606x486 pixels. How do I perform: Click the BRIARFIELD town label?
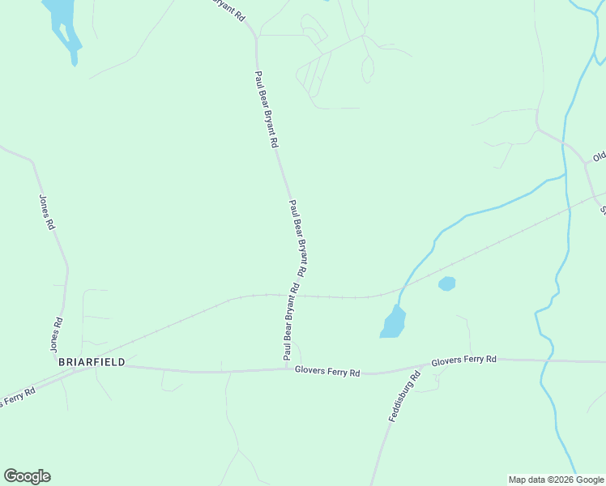(92, 362)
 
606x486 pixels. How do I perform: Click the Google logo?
(27, 476)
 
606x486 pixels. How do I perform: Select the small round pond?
(446, 283)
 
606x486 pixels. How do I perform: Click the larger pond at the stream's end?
(393, 322)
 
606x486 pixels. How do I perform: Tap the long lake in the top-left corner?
(63, 24)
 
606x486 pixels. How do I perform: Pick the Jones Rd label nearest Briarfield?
(58, 335)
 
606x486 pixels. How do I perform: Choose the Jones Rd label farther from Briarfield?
(46, 212)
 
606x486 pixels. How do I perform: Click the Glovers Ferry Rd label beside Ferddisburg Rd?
(464, 360)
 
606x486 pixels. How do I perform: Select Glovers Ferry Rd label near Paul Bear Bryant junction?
(327, 371)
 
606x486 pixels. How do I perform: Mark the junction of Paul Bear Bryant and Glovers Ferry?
(287, 369)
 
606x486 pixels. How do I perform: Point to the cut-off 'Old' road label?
(599, 156)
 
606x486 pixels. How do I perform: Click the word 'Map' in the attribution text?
(518, 480)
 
